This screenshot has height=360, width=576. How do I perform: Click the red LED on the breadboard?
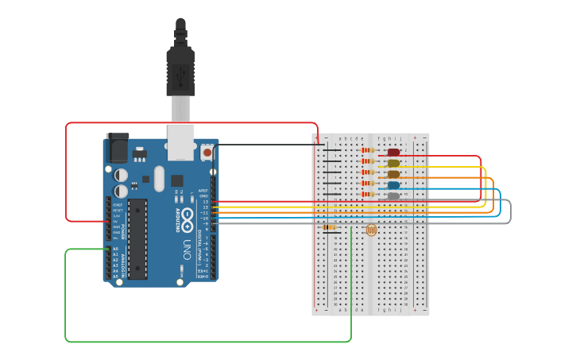[393, 152]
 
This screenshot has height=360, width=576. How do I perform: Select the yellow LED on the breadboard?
[393, 163]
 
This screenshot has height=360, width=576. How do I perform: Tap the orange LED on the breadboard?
[393, 174]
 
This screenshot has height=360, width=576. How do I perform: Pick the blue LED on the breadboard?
[393, 185]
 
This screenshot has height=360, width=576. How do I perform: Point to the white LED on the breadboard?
[393, 195]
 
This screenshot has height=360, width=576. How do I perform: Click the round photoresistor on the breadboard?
[371, 230]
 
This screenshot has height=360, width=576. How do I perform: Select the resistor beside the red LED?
[367, 150]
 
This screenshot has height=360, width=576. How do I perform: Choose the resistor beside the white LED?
[367, 195]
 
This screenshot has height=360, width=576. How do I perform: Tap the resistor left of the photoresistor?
[330, 227]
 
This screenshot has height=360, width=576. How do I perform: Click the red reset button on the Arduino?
[207, 152]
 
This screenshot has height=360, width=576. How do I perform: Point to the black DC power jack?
[117, 147]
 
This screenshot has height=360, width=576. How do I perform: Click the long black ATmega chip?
[137, 238]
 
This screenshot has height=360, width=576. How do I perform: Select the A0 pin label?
[115, 249]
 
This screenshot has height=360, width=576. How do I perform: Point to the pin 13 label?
[205, 202]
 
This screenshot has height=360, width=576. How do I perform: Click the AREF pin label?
[203, 191]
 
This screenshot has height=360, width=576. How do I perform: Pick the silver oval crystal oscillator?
[159, 179]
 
